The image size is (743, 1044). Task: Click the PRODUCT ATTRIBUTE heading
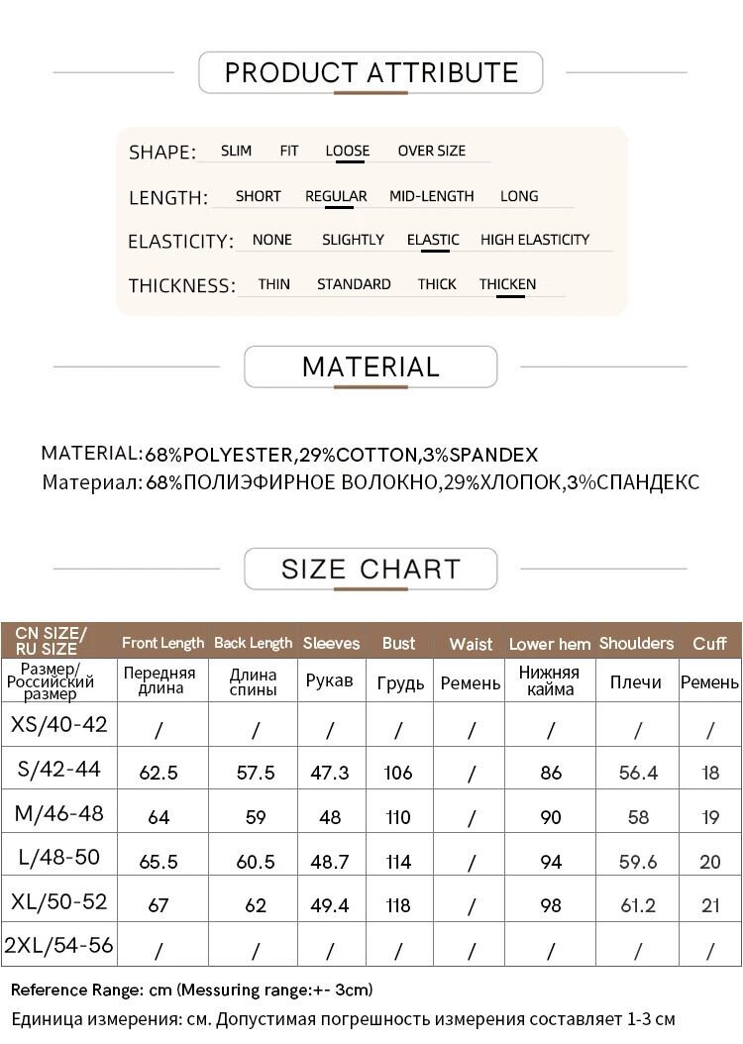(x=371, y=72)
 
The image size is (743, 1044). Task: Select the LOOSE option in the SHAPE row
(x=347, y=151)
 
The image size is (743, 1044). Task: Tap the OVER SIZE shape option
(x=431, y=151)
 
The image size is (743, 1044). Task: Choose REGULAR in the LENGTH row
(x=336, y=196)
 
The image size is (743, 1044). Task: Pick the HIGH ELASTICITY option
(x=534, y=240)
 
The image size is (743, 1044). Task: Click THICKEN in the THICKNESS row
(x=507, y=284)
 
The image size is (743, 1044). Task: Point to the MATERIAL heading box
(x=371, y=366)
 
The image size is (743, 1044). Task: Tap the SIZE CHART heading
(x=371, y=569)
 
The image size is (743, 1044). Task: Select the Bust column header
(x=398, y=643)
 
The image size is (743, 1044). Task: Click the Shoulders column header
(x=636, y=643)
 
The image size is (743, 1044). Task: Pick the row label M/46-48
(x=59, y=814)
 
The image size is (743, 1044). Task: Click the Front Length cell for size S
(x=159, y=773)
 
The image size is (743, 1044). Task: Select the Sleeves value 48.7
(x=330, y=862)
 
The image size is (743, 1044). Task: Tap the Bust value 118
(x=398, y=905)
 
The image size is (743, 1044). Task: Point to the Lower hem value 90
(x=551, y=817)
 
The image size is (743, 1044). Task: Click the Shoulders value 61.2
(x=638, y=905)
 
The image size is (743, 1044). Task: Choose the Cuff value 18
(x=710, y=773)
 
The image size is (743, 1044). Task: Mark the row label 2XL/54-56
(x=59, y=946)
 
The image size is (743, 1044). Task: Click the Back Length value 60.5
(x=256, y=862)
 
